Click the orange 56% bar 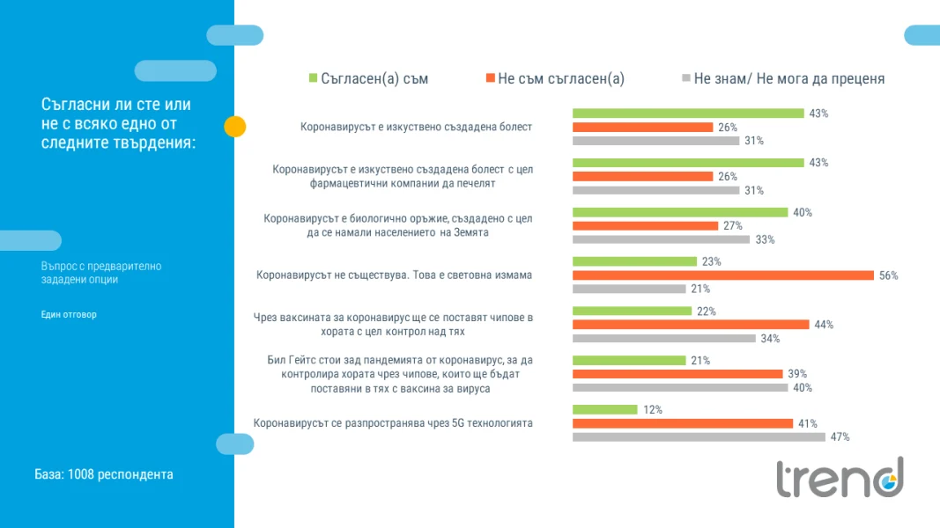723,275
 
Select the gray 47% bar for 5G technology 699,437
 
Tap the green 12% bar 605,409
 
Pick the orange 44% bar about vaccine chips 691,325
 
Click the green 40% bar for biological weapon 680,212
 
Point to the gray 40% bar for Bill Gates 680,388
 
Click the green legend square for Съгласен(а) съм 313,77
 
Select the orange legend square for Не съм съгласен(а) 491,77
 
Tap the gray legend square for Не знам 686,77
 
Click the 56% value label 888,276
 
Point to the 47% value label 840,437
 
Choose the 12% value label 653,410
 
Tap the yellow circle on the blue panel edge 235,127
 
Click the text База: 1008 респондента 104,474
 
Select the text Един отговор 69,314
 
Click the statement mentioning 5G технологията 393,423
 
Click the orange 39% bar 677,373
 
